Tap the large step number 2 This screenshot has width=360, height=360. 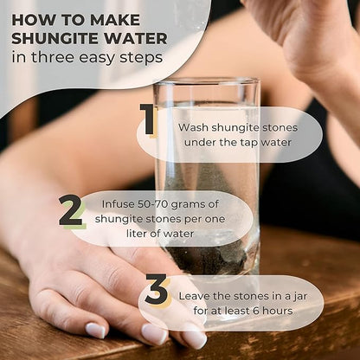click(71, 211)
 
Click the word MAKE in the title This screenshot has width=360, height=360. click(115, 20)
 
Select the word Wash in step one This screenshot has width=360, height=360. click(193, 127)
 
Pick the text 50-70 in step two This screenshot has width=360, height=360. click(153, 204)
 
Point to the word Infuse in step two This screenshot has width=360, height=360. click(118, 204)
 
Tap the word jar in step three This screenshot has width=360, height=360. click(299, 297)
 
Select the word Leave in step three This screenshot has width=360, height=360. click(194, 296)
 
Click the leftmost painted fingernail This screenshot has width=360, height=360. click(96, 331)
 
